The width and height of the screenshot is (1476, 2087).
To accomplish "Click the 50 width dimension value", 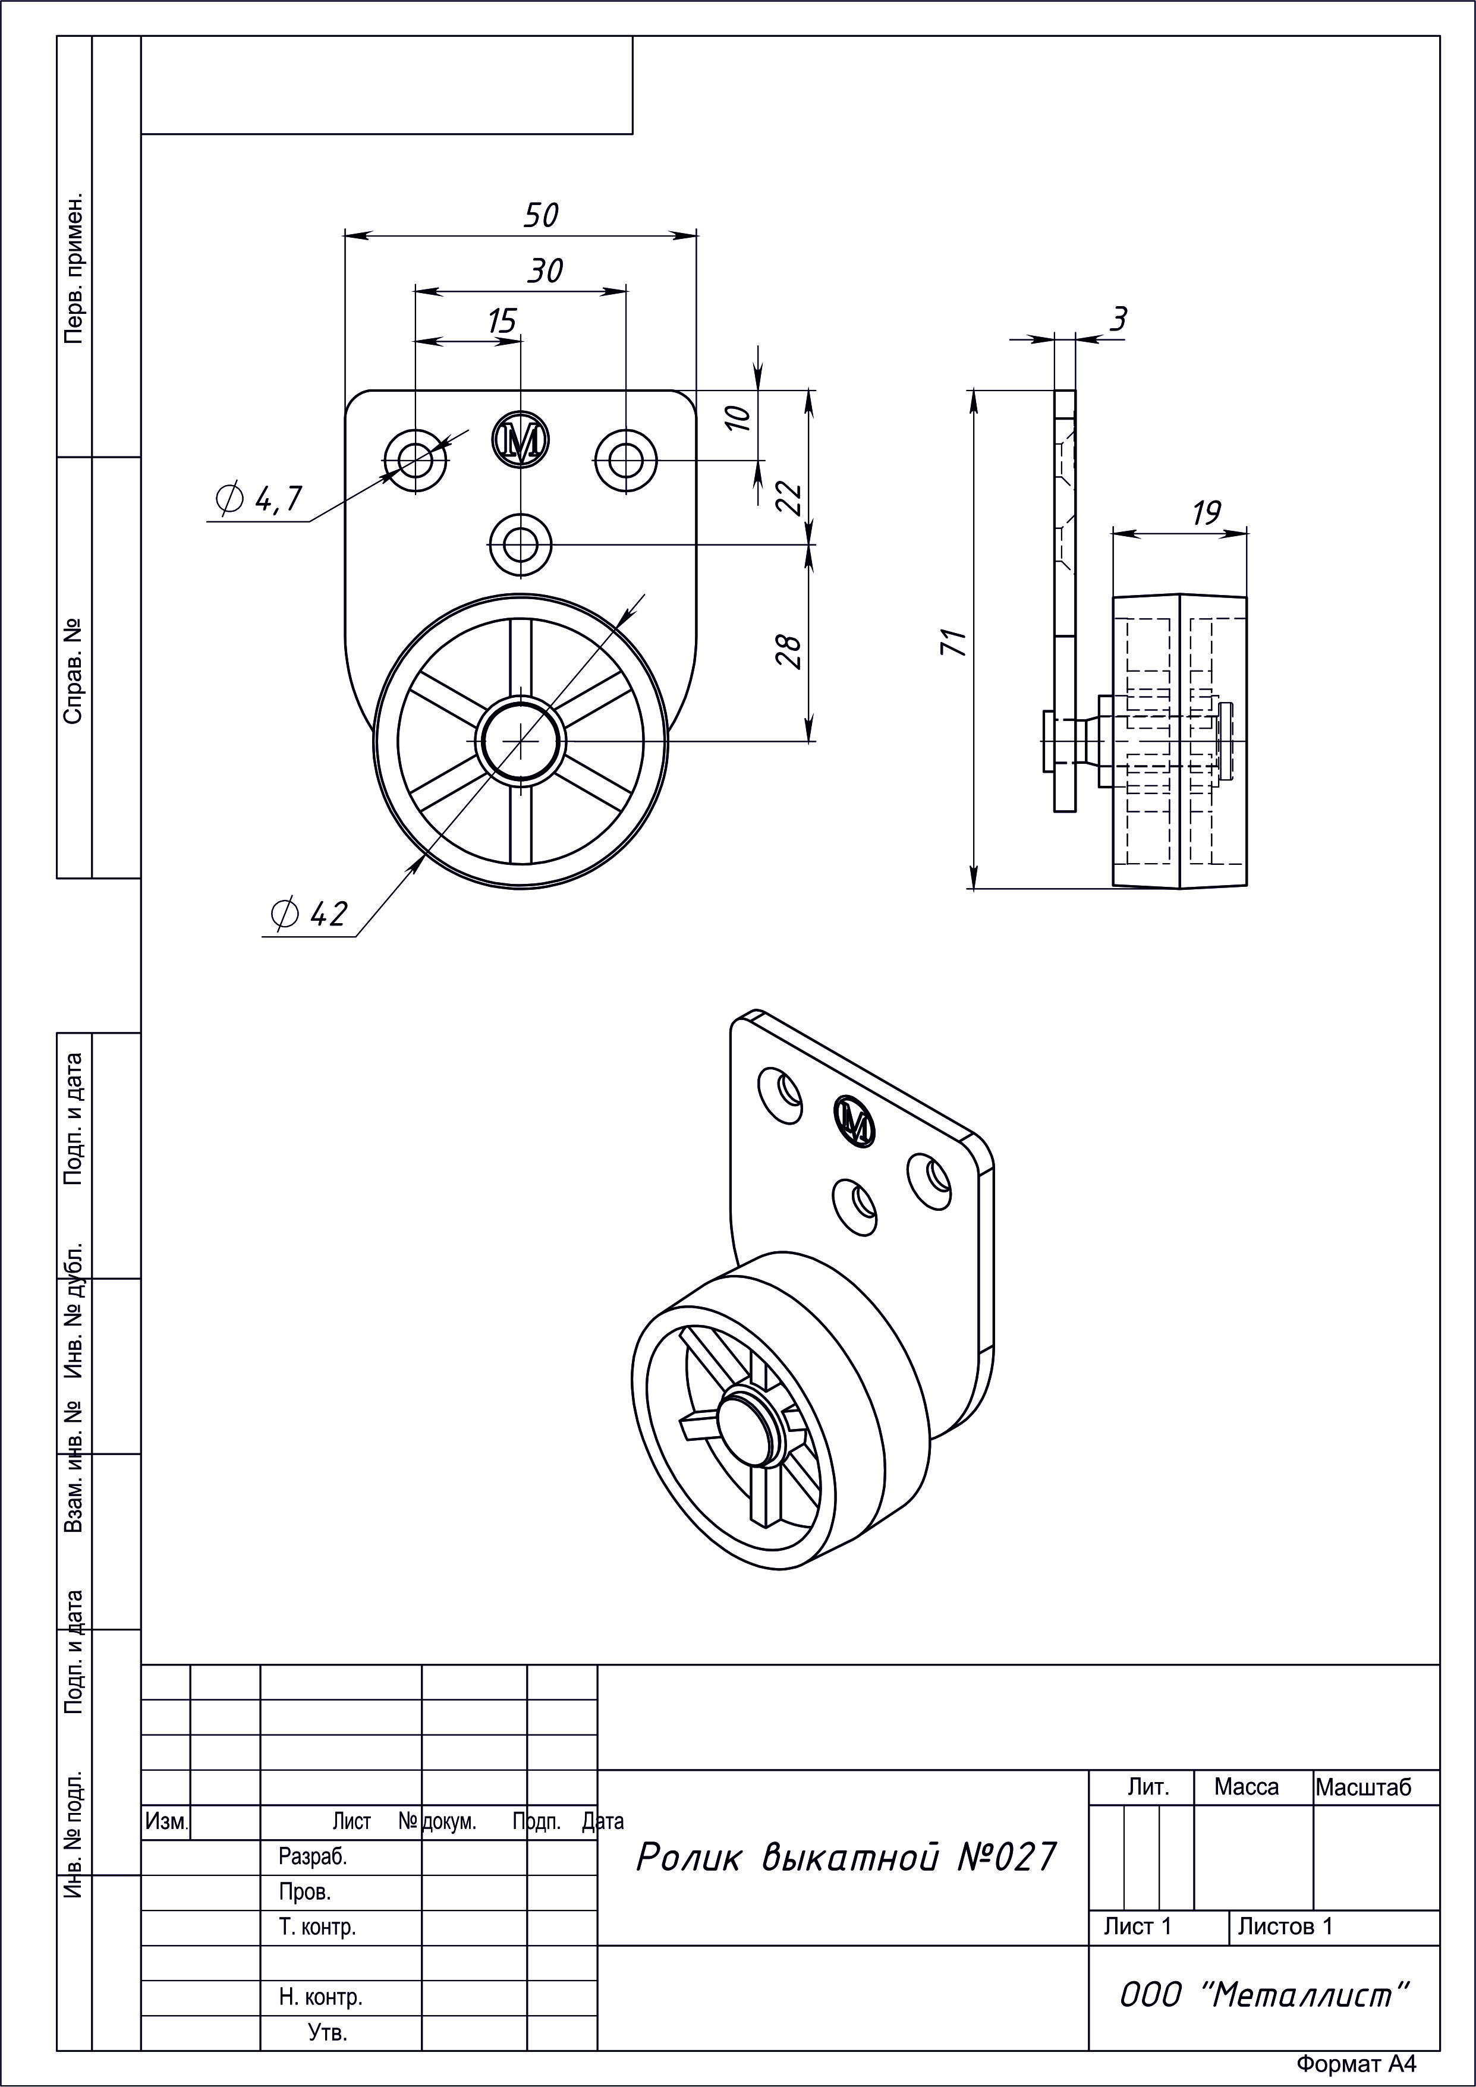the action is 541,215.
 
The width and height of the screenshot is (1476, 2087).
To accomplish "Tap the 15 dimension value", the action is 502,321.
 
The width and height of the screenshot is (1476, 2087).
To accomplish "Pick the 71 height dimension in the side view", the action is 954,642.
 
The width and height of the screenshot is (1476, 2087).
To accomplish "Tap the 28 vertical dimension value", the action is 790,651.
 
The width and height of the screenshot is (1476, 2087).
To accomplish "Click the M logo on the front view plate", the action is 521,441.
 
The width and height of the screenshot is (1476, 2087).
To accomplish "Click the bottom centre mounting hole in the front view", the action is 521,546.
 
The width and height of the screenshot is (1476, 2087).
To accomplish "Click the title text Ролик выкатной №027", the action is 846,1856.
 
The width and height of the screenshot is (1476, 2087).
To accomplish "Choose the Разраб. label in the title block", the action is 313,1857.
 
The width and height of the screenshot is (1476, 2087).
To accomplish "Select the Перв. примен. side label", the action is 74,267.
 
